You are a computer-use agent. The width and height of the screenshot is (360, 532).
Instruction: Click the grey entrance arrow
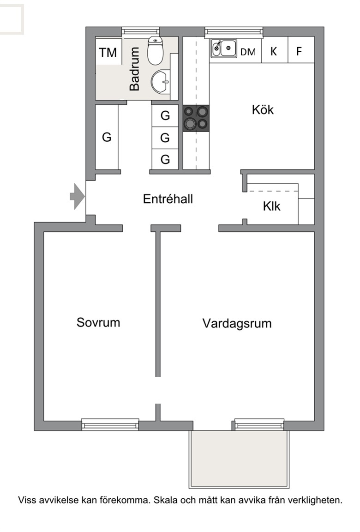(x=77, y=196)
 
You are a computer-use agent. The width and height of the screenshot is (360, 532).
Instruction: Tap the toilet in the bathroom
(x=155, y=50)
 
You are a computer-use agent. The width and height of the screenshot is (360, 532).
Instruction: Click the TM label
(x=108, y=53)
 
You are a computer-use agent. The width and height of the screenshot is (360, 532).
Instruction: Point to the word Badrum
(x=135, y=69)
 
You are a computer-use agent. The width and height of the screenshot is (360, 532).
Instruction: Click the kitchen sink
(x=224, y=48)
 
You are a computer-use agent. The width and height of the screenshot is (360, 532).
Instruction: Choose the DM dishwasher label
(x=248, y=52)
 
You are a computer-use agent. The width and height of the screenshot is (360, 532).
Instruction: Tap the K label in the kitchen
(x=274, y=51)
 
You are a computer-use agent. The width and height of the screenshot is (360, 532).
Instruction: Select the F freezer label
(x=299, y=51)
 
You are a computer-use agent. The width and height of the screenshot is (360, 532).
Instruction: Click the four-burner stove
(x=196, y=118)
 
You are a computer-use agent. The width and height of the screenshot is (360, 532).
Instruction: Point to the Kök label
(x=263, y=110)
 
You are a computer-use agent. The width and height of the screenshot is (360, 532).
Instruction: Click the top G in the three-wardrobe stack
(x=165, y=116)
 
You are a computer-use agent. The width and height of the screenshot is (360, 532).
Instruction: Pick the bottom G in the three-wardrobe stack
(x=165, y=159)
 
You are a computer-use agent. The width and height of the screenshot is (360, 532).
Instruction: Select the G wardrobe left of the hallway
(x=107, y=137)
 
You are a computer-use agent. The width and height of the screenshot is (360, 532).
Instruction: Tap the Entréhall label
(x=168, y=199)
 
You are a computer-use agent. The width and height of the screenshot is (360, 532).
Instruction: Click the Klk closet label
(x=271, y=206)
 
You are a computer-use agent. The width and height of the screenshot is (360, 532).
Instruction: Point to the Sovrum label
(x=98, y=322)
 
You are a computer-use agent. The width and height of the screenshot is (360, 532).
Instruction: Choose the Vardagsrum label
(x=237, y=323)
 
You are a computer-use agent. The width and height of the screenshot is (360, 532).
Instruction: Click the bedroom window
(x=110, y=424)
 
